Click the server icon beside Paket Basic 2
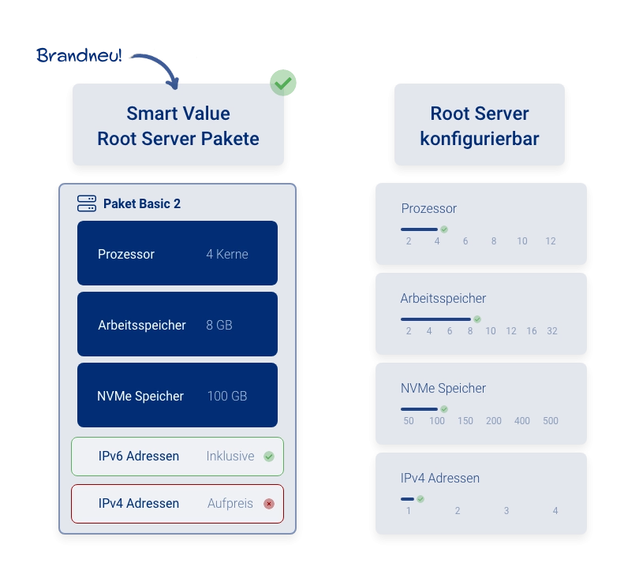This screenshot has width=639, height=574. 87,203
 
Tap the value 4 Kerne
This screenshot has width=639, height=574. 227,254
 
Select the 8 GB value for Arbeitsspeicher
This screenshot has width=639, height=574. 219,325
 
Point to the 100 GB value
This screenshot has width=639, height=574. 227,396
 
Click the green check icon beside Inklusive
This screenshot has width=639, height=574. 269,456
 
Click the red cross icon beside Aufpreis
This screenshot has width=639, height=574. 269,503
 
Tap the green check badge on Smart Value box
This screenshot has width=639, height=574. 282,82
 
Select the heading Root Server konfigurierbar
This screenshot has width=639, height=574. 480,126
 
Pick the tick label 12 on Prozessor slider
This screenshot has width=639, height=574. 551,241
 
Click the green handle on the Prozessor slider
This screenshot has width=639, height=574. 444,229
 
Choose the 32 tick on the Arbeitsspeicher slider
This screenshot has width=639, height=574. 552,331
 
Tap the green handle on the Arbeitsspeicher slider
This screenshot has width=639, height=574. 476,319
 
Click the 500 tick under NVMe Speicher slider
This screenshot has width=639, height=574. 551,421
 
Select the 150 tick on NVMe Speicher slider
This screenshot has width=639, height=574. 465,421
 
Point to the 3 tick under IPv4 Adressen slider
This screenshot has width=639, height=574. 506,511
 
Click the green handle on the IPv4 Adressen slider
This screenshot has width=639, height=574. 420,499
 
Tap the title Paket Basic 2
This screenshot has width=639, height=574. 142,203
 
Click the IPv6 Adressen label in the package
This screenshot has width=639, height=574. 139,456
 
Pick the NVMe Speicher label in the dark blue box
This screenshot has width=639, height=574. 140,396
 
